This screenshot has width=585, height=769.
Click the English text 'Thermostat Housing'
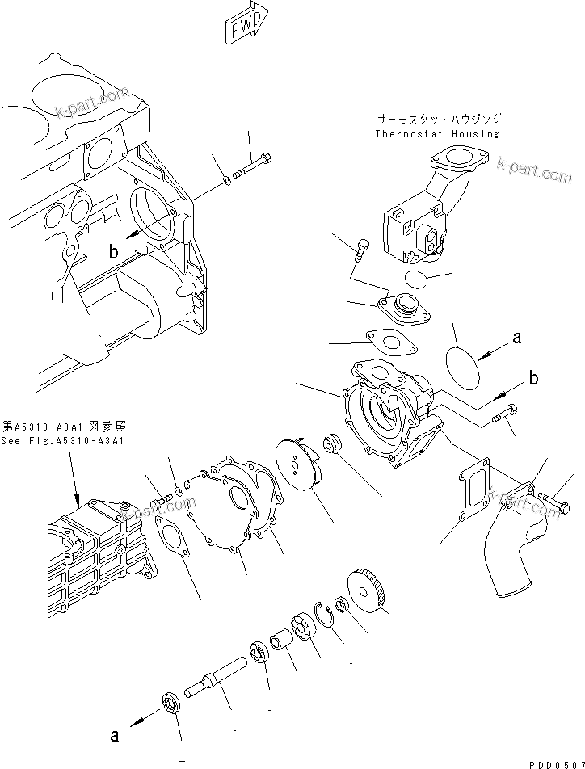click(437, 134)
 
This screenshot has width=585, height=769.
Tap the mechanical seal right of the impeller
click(332, 448)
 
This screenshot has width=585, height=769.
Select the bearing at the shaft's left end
click(171, 702)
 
